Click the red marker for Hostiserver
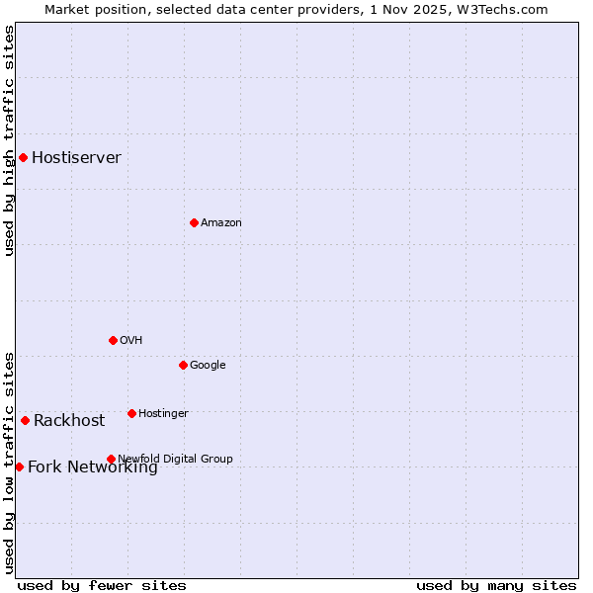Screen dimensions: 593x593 click(23, 157)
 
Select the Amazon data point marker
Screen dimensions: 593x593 click(194, 222)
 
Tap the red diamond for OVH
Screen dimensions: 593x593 click(113, 340)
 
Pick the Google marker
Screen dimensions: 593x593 click(183, 365)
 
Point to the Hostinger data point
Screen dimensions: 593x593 click(131, 413)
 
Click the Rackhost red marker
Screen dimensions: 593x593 click(25, 420)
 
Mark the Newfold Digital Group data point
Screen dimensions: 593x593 click(111, 459)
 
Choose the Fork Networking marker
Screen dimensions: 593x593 click(19, 466)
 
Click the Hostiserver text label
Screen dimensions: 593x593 click(76, 158)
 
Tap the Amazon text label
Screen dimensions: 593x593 click(221, 223)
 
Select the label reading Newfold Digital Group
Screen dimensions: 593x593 click(175, 459)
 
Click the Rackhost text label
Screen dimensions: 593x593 click(69, 421)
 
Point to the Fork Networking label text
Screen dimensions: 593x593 click(92, 467)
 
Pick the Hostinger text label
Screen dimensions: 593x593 click(163, 413)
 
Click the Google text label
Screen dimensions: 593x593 click(208, 366)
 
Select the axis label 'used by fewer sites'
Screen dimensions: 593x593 click(102, 585)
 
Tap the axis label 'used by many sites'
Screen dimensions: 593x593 click(496, 585)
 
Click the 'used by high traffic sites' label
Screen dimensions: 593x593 click(9, 140)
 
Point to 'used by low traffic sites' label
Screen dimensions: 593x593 click(9, 462)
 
